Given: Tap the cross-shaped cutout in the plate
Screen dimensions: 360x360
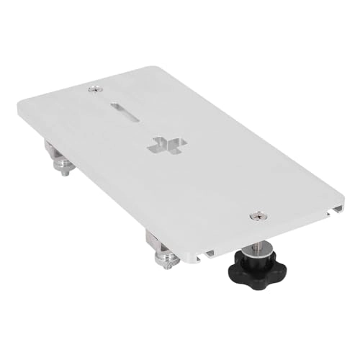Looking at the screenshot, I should [165, 143].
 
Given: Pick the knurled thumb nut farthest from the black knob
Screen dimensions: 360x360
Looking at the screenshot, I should [64, 169].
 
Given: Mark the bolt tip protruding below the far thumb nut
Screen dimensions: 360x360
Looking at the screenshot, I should [65, 175].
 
